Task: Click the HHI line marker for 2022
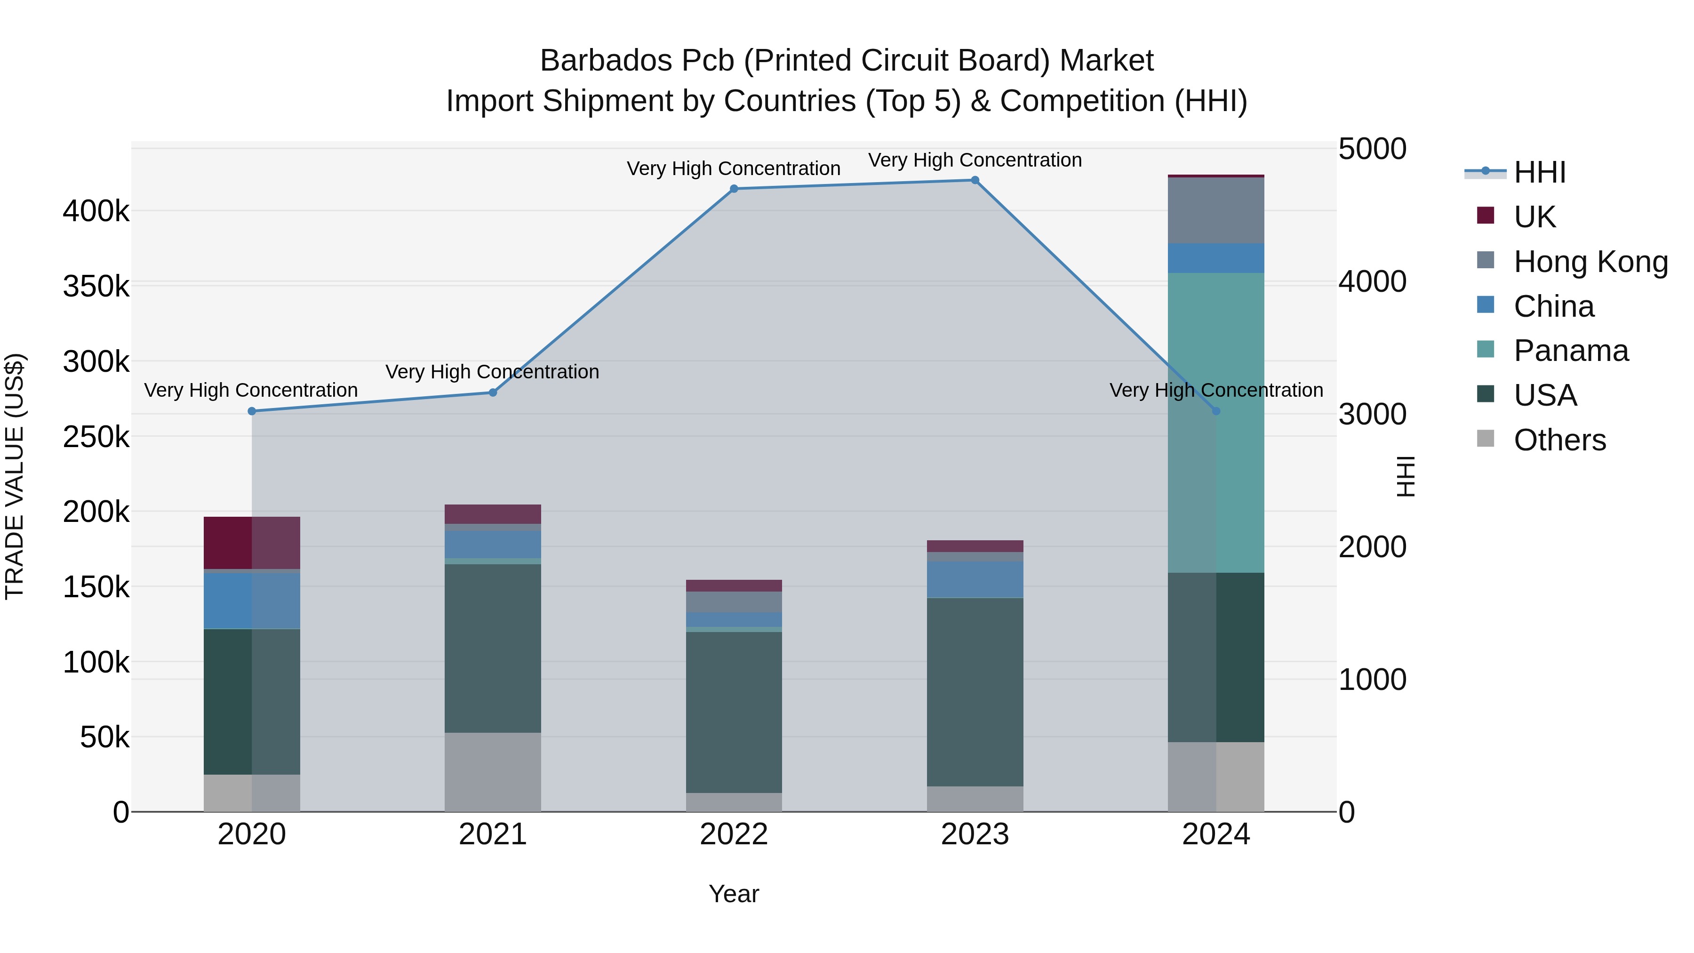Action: tap(734, 189)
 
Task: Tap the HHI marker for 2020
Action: tap(252, 411)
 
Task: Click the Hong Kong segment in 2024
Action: tap(1215, 210)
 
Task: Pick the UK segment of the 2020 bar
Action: tap(252, 543)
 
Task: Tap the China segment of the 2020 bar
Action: tap(252, 601)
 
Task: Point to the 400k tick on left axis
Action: tap(96, 212)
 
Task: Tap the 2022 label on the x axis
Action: tap(734, 834)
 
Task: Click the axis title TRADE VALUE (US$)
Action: tap(15, 476)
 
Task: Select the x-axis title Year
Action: tap(734, 894)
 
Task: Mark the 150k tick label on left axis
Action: tap(96, 587)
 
